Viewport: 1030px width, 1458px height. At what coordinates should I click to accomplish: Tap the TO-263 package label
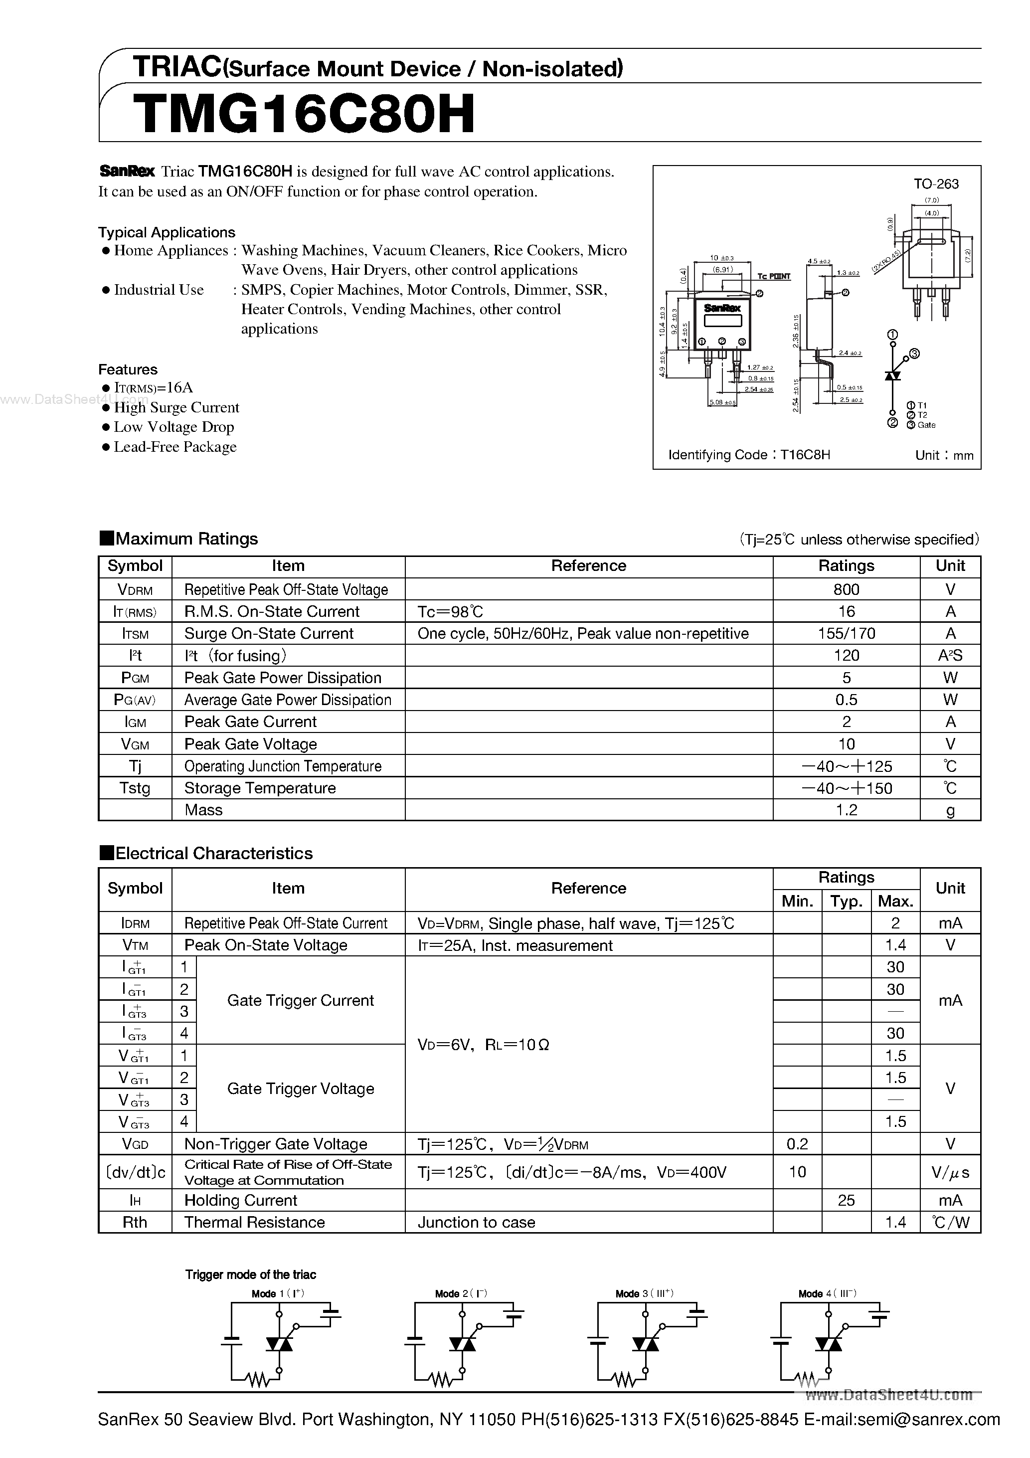(935, 184)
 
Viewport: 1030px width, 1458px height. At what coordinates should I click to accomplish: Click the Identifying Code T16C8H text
(749, 455)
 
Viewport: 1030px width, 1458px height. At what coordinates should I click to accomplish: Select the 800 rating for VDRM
(846, 589)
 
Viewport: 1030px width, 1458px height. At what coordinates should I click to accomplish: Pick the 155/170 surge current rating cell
(846, 633)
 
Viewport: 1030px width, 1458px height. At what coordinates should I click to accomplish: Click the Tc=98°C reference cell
(450, 611)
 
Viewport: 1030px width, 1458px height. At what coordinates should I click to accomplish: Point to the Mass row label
(203, 810)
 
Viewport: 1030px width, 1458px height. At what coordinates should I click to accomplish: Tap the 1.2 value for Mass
(846, 810)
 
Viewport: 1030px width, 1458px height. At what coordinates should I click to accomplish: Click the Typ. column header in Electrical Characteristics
(846, 901)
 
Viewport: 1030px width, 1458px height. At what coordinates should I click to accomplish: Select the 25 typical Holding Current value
(846, 1200)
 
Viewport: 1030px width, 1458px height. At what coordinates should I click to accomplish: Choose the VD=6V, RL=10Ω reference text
(483, 1045)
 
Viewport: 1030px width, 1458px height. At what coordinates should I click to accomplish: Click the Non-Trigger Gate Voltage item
(276, 1144)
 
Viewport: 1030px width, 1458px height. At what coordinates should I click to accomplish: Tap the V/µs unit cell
(950, 1172)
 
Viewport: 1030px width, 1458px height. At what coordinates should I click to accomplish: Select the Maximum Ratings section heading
(186, 539)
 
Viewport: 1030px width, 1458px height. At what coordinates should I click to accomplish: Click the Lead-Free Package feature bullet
(174, 447)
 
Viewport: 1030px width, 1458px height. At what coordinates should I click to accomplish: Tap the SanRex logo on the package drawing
(722, 307)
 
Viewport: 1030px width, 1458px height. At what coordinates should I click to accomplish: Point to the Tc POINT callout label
(773, 276)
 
